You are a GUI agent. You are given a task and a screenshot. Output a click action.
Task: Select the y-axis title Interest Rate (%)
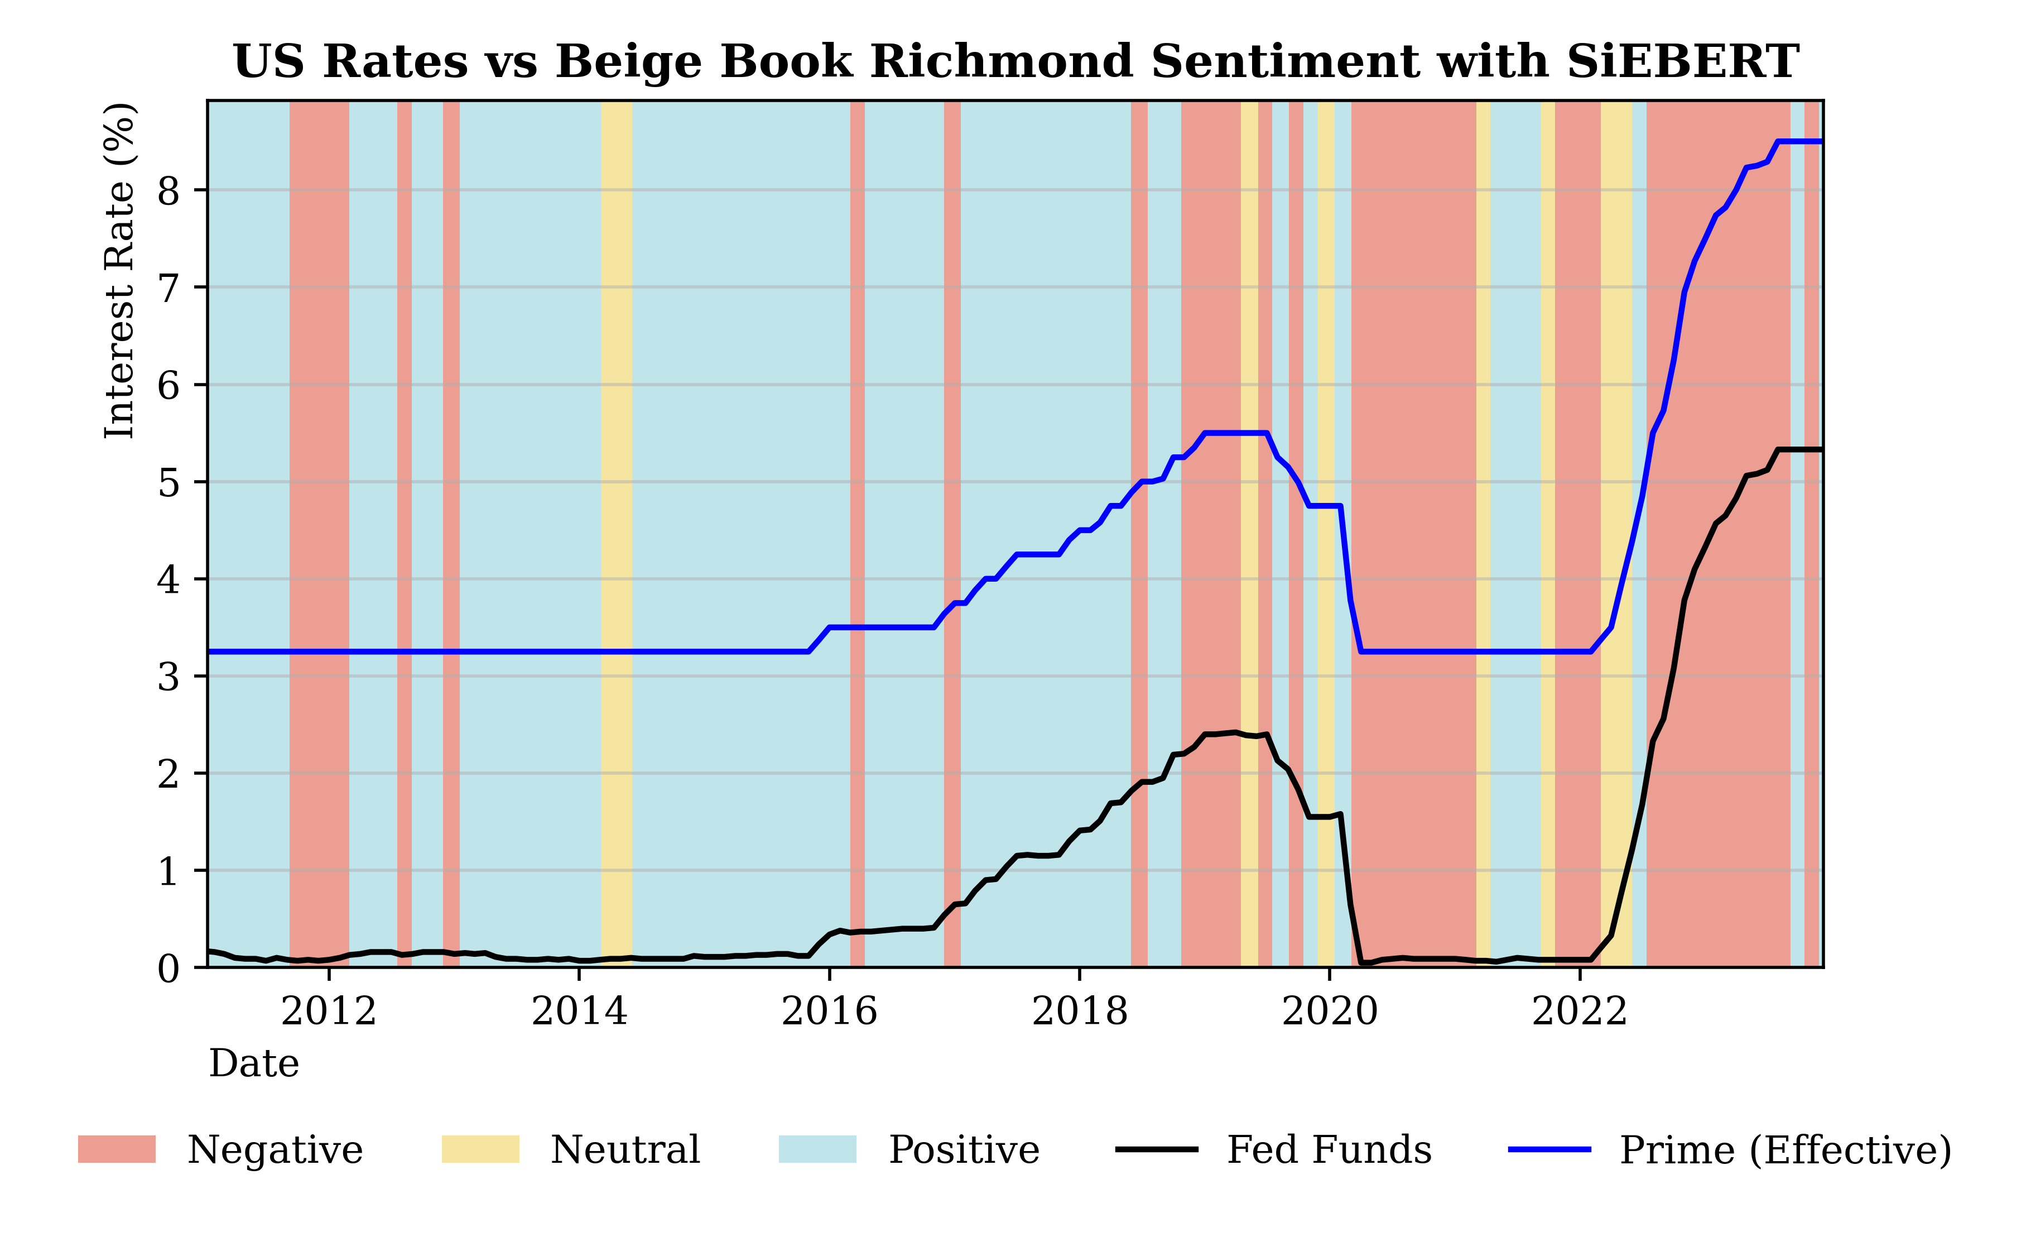[119, 271]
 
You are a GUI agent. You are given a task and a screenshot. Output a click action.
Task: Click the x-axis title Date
[253, 1063]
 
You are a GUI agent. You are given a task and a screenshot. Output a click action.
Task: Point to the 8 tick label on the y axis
[169, 191]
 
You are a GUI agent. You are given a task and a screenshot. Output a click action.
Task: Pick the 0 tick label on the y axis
[169, 969]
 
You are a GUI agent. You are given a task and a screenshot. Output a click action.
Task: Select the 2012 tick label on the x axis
[329, 1011]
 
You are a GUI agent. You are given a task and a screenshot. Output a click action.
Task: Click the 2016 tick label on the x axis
[829, 1011]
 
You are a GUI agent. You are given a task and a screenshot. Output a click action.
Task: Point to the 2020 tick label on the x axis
[1330, 1011]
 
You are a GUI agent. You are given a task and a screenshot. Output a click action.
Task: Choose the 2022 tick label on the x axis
[1579, 1011]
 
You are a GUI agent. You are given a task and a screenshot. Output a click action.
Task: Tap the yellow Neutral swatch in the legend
[480, 1150]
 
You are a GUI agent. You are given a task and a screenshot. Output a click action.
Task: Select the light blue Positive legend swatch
[817, 1150]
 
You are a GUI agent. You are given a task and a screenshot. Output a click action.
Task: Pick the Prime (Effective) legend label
[1785, 1150]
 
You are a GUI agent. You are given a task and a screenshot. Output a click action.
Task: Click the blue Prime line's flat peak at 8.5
[1798, 141]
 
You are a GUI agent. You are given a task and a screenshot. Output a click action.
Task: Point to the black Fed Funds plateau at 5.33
[1798, 449]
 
